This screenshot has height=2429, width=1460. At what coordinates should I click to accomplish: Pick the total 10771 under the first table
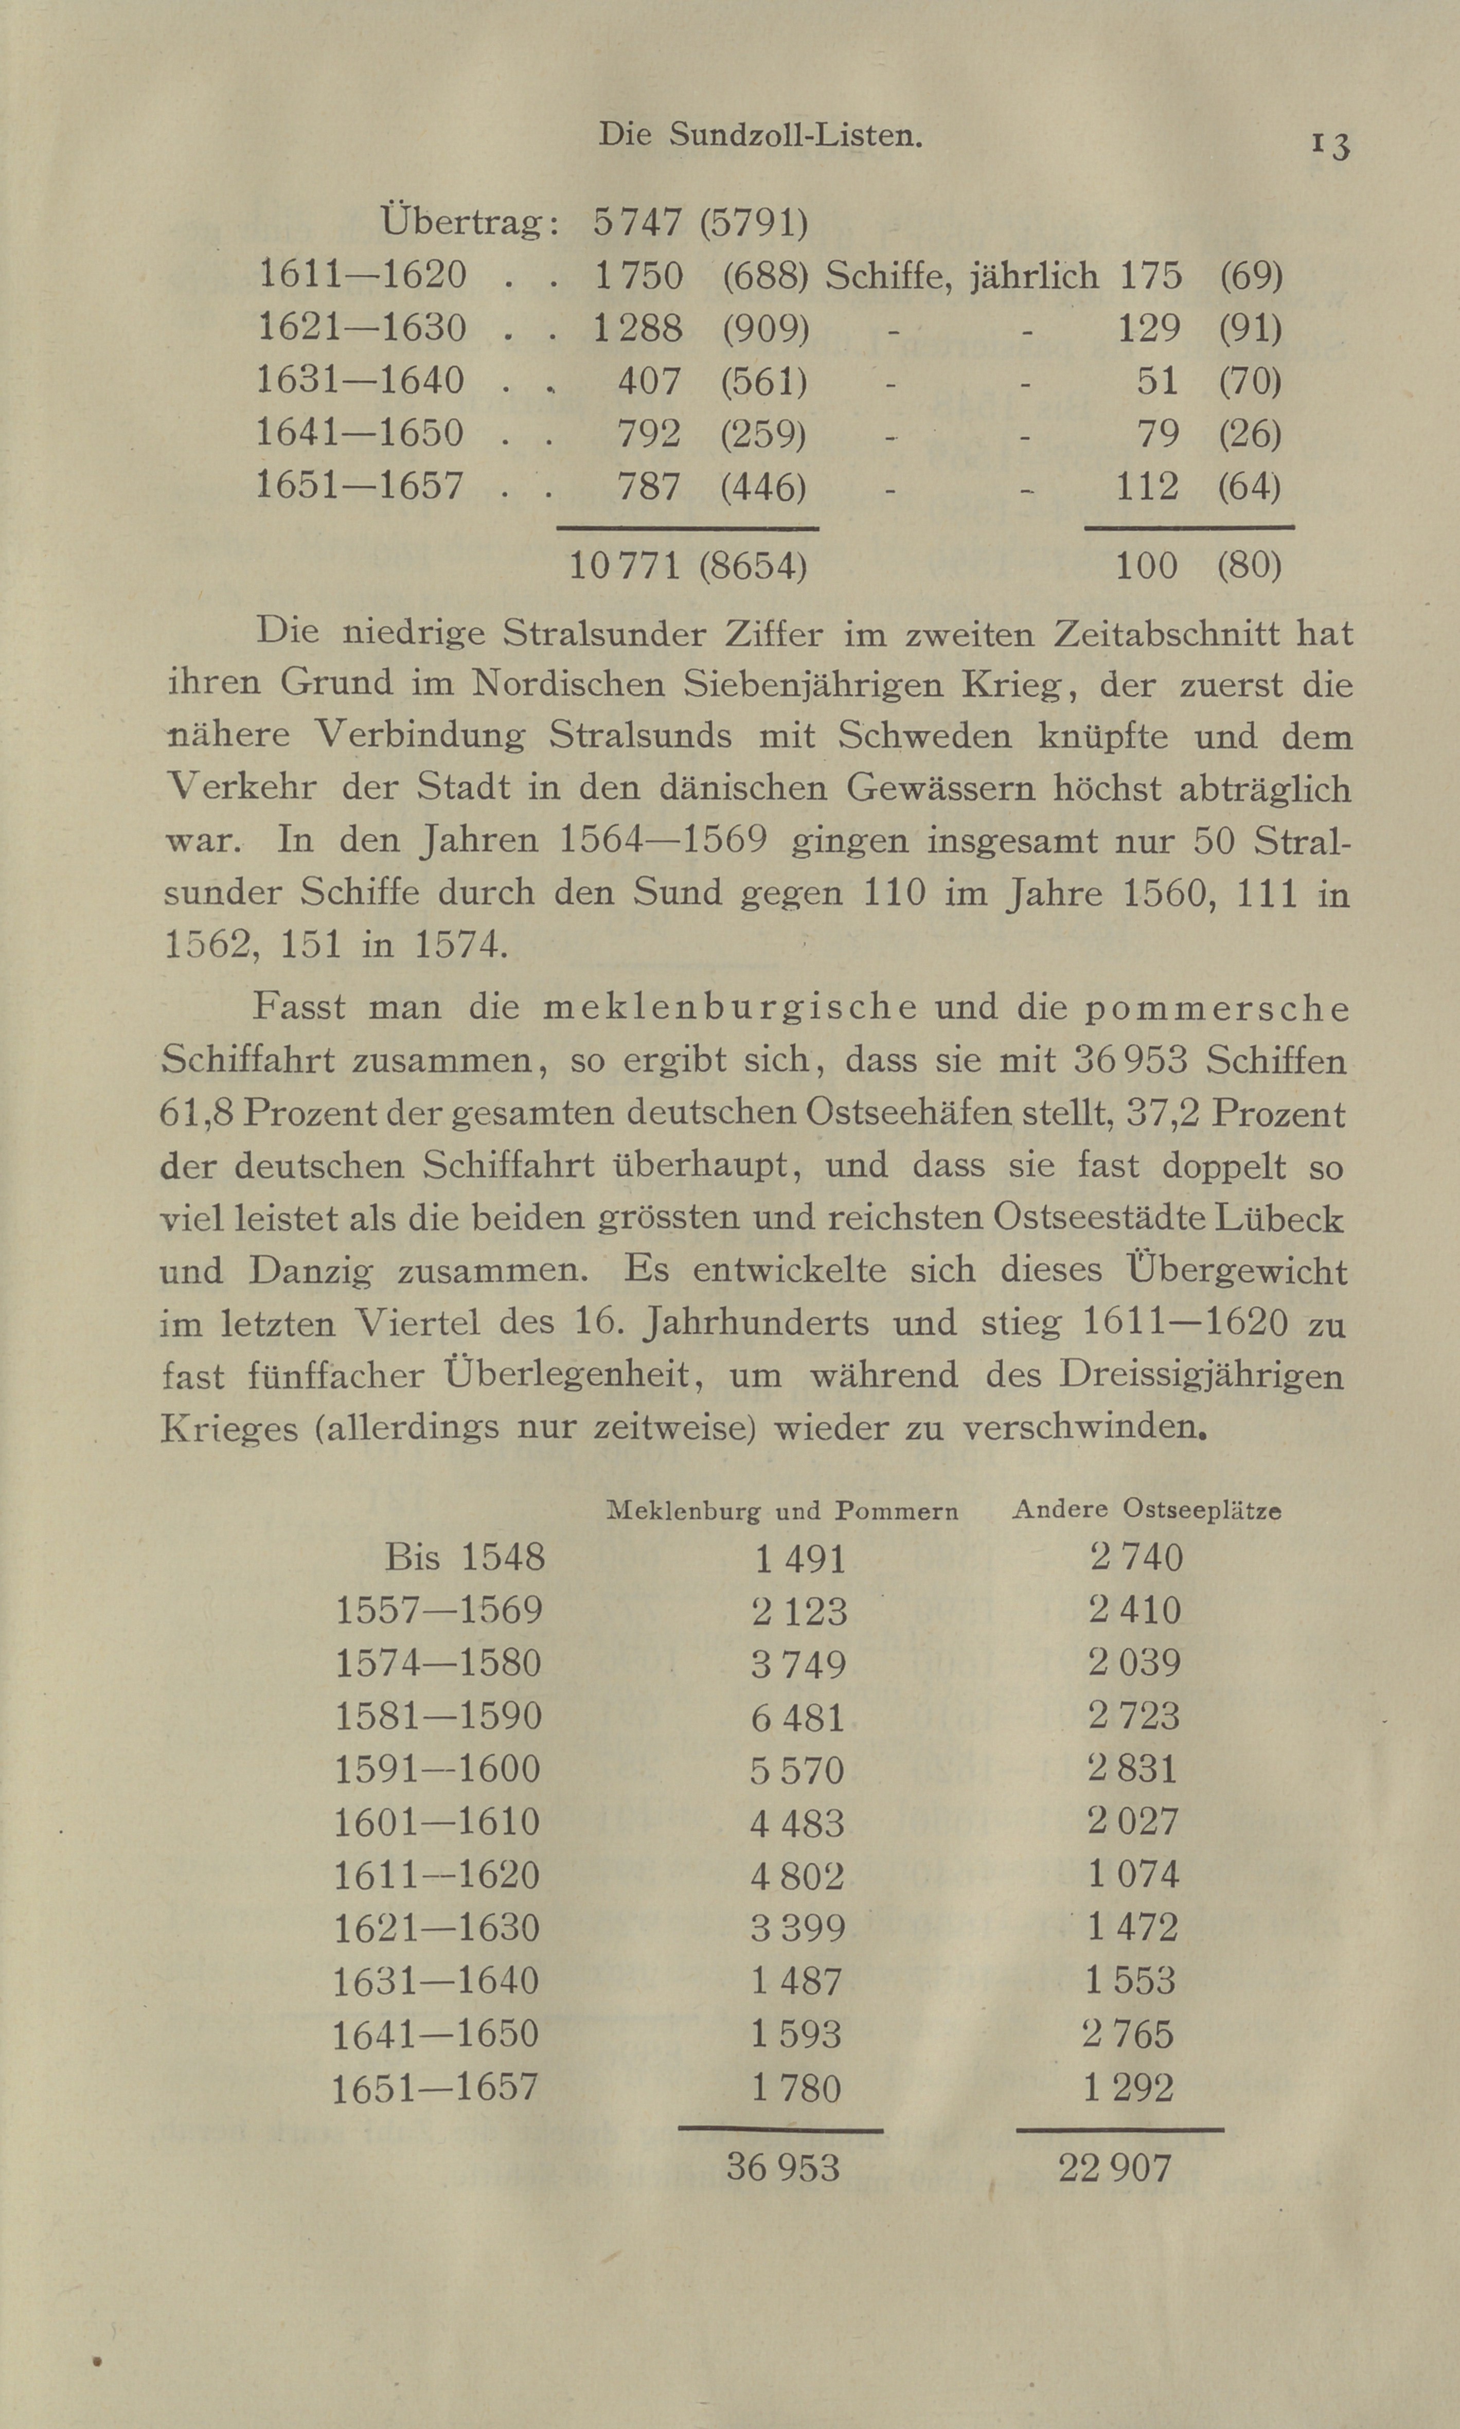[625, 566]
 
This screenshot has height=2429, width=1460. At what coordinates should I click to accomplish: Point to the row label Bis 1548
[465, 1558]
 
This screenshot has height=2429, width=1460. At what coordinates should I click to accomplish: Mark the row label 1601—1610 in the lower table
[437, 1822]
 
